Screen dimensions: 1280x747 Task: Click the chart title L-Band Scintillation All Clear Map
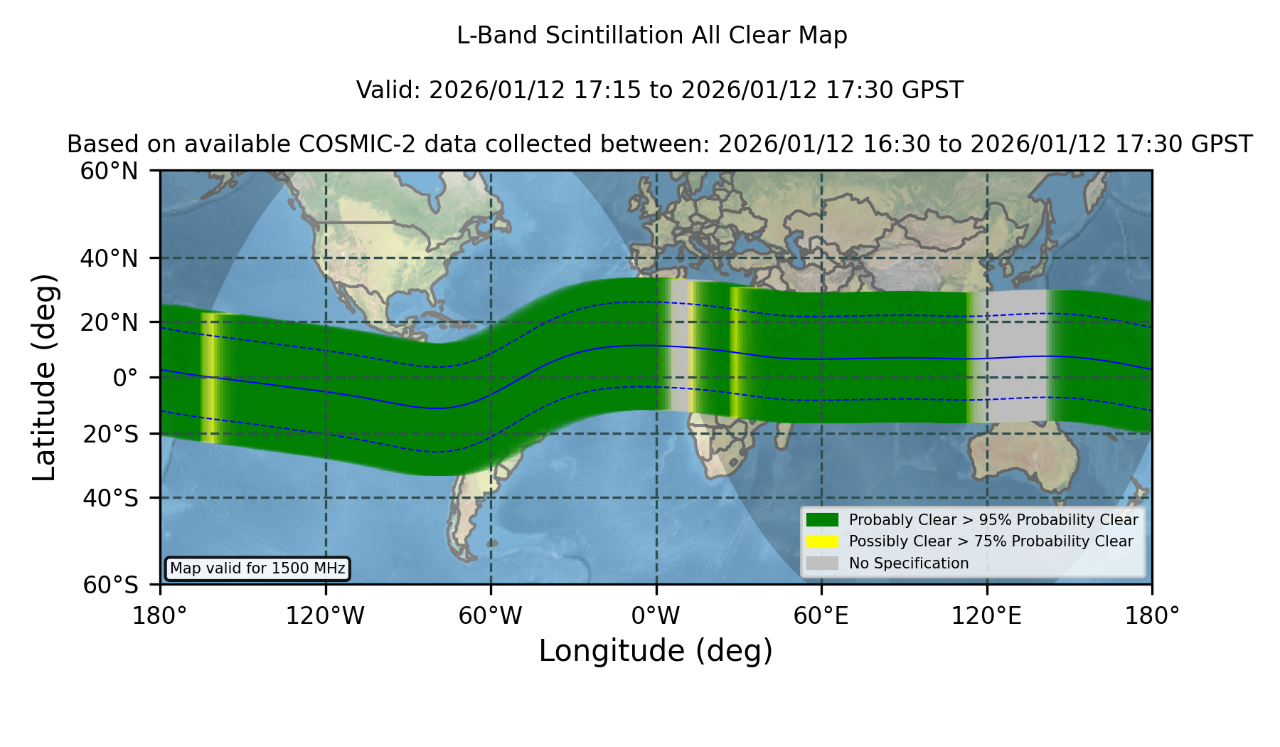click(x=651, y=36)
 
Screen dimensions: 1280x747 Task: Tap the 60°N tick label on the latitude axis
click(x=110, y=171)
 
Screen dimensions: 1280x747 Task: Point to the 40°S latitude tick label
click(x=110, y=498)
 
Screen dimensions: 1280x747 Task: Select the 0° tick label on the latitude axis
click(x=125, y=378)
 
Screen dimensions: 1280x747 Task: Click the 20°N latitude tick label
click(x=110, y=322)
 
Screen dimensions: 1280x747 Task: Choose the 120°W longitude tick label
click(x=325, y=616)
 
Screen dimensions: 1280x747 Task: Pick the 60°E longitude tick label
click(x=821, y=616)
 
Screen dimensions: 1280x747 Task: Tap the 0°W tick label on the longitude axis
click(x=656, y=616)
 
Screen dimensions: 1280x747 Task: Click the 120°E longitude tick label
click(x=986, y=616)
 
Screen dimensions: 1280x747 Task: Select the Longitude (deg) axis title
click(x=656, y=651)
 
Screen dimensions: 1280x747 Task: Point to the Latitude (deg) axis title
click(x=44, y=377)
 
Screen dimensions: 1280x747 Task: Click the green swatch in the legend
click(x=823, y=520)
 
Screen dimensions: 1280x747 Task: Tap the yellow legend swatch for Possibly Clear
click(x=823, y=541)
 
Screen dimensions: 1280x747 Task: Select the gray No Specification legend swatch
click(x=823, y=563)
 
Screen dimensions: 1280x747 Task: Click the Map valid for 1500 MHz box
click(x=257, y=568)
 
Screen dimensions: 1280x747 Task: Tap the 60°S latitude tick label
click(x=110, y=585)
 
